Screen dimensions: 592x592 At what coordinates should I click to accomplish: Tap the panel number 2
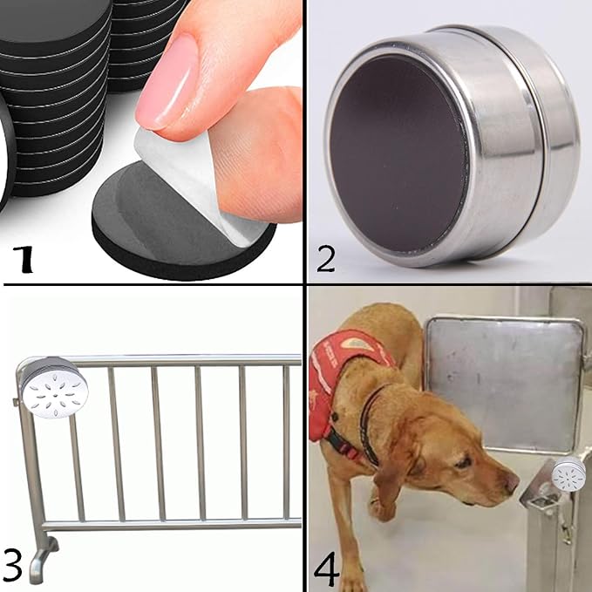[325, 258]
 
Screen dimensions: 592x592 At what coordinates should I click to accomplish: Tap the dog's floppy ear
[394, 471]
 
